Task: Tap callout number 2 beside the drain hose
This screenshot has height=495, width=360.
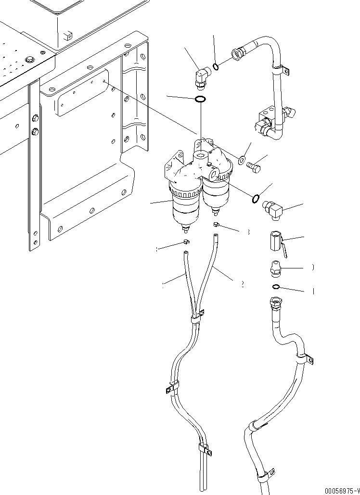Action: pos(243,284)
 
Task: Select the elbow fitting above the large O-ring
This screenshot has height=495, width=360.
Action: pos(200,77)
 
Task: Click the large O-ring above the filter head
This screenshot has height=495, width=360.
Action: pos(200,100)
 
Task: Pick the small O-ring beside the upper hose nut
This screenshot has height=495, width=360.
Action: pos(216,66)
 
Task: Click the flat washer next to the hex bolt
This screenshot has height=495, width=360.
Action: pos(242,158)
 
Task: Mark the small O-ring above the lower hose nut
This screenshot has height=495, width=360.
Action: pos(276,288)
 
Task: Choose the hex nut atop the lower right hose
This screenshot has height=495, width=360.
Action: pos(276,303)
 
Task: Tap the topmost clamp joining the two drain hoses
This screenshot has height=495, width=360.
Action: pos(196,317)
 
